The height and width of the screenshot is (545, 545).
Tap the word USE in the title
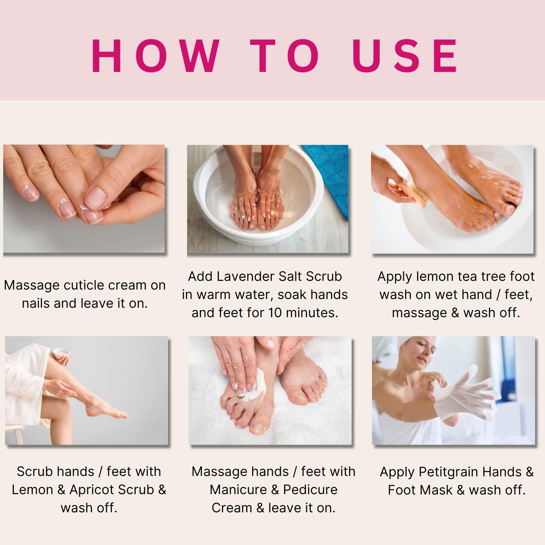[405, 56]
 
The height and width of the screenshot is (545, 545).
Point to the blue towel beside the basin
[329, 171]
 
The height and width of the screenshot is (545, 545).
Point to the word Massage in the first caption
[32, 285]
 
